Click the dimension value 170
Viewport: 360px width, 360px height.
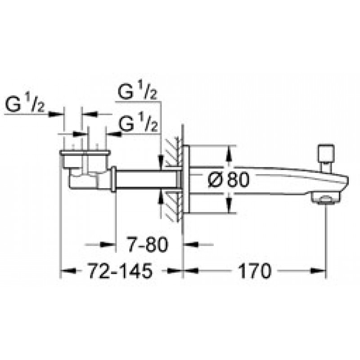click(x=255, y=271)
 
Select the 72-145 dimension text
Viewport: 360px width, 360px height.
click(x=120, y=271)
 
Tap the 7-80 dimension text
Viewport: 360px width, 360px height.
click(x=148, y=245)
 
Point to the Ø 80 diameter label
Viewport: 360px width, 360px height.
click(x=229, y=180)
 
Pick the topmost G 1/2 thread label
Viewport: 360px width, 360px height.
click(x=138, y=92)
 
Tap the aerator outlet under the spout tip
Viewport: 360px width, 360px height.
click(x=325, y=198)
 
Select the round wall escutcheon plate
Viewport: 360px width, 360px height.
click(x=186, y=180)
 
